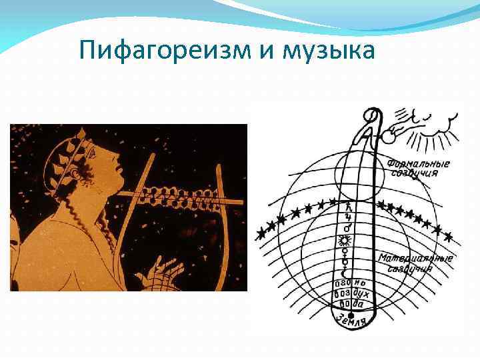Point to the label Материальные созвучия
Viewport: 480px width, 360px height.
coord(415,263)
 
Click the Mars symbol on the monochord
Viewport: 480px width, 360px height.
coord(347,229)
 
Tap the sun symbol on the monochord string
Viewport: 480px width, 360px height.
coord(347,241)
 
